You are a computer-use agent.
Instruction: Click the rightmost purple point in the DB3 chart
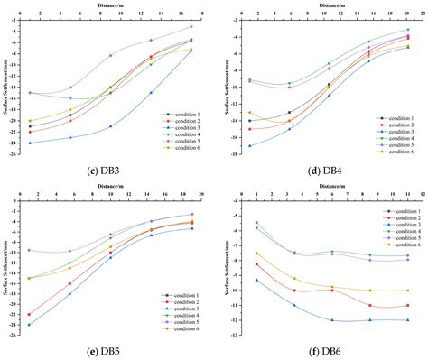[x=191, y=27]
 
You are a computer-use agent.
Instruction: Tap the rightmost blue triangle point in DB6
[x=407, y=320]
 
